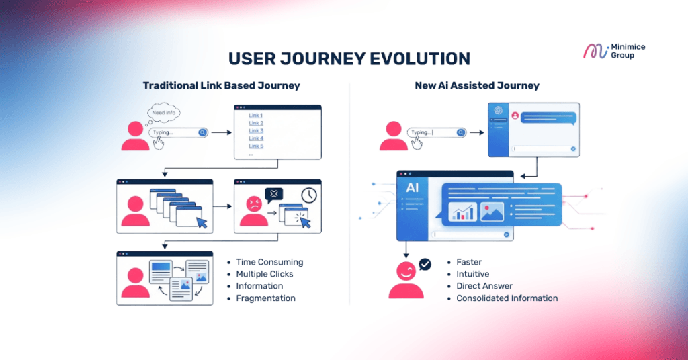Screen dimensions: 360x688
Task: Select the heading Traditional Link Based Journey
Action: click(221, 86)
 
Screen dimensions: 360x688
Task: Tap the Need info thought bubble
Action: click(163, 112)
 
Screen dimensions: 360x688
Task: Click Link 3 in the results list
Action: click(256, 130)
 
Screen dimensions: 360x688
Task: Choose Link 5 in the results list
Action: click(256, 146)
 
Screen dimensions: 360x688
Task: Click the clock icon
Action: click(308, 195)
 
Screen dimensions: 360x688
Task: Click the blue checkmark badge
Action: click(425, 265)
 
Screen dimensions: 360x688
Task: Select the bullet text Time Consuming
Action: click(269, 262)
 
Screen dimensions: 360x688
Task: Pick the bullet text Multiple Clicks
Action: click(265, 274)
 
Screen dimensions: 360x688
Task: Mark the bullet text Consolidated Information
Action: click(507, 298)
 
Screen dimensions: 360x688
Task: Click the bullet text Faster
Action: click(469, 262)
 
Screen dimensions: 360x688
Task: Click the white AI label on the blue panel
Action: click(413, 188)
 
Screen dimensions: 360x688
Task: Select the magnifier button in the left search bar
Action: click(202, 132)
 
